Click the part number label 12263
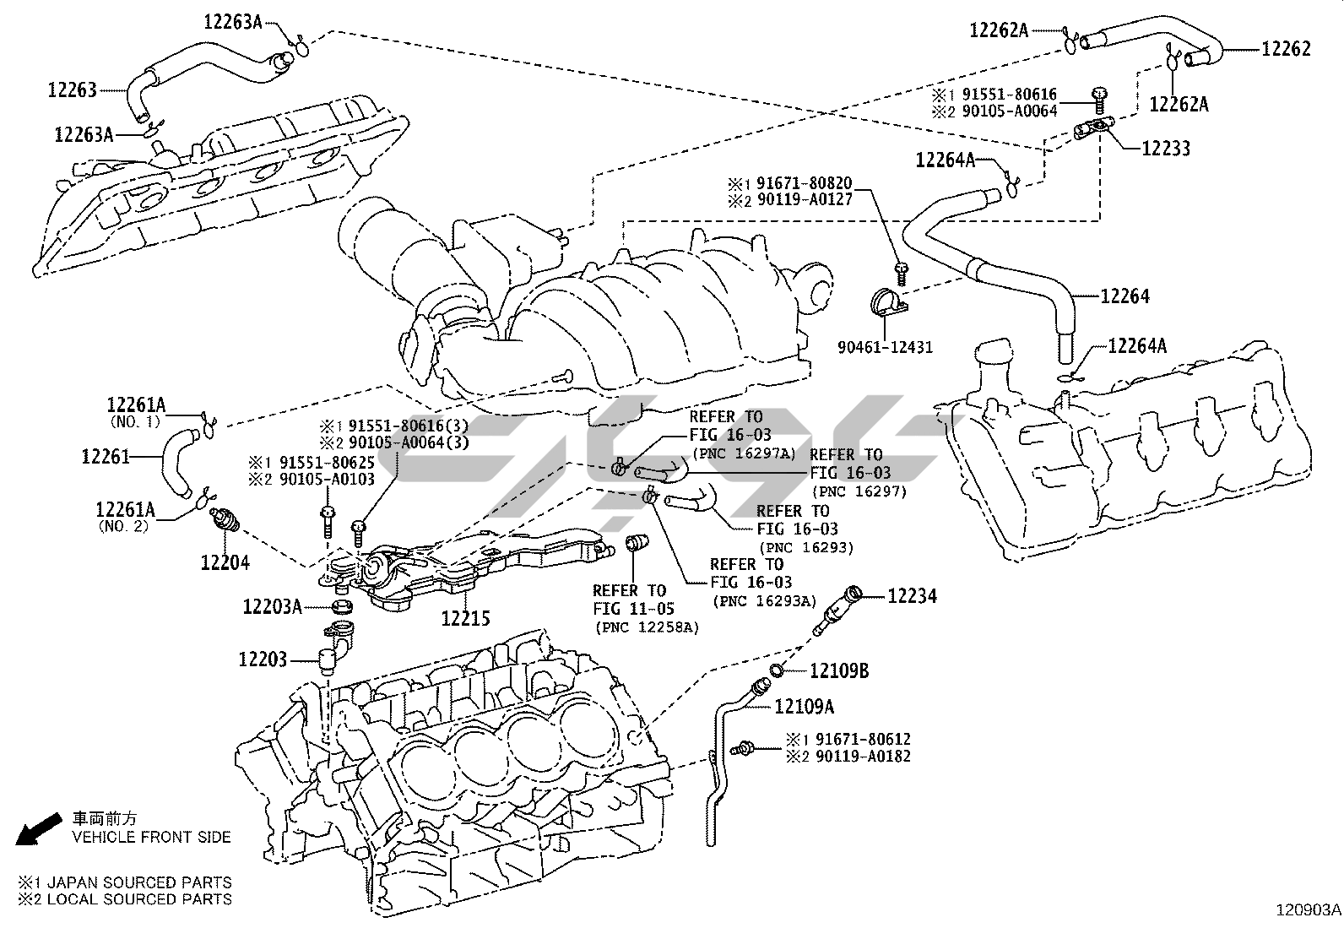73,89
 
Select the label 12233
1165,149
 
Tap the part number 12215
465,618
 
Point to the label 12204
225,562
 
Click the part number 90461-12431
885,347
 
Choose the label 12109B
838,671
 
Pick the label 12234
912,596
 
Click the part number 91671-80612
861,739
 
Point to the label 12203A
272,606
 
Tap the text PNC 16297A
744,453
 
